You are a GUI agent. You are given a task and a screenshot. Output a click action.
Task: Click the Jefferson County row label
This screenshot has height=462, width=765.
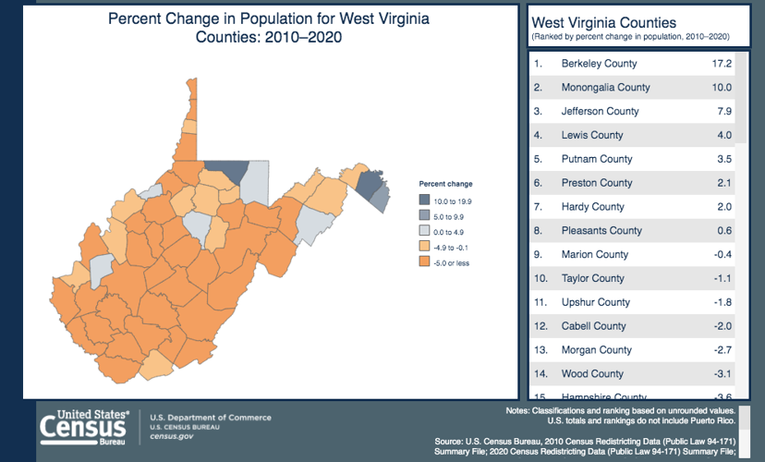(600, 112)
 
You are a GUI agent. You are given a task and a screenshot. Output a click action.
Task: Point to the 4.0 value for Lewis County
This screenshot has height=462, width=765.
(724, 136)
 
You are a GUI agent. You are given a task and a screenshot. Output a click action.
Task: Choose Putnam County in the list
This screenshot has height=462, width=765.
(597, 159)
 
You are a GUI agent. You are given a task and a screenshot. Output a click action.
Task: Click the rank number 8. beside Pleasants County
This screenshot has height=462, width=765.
(538, 231)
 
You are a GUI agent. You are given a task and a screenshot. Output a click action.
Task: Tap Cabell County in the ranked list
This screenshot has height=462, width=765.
(593, 326)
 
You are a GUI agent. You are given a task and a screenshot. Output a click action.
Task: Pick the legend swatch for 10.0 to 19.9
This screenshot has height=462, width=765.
(424, 200)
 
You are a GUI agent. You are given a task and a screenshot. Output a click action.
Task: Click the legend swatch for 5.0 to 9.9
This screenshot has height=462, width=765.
(424, 215)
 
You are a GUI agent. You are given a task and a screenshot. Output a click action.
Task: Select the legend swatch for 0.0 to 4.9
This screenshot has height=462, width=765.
(424, 231)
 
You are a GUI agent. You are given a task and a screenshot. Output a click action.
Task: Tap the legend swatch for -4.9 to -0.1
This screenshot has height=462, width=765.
(424, 247)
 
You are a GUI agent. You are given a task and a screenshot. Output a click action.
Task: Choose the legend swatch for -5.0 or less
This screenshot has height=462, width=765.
(424, 262)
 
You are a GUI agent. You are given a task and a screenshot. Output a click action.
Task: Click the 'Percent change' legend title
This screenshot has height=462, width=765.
(445, 184)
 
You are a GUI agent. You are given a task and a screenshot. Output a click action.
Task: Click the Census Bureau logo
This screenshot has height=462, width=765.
(83, 427)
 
